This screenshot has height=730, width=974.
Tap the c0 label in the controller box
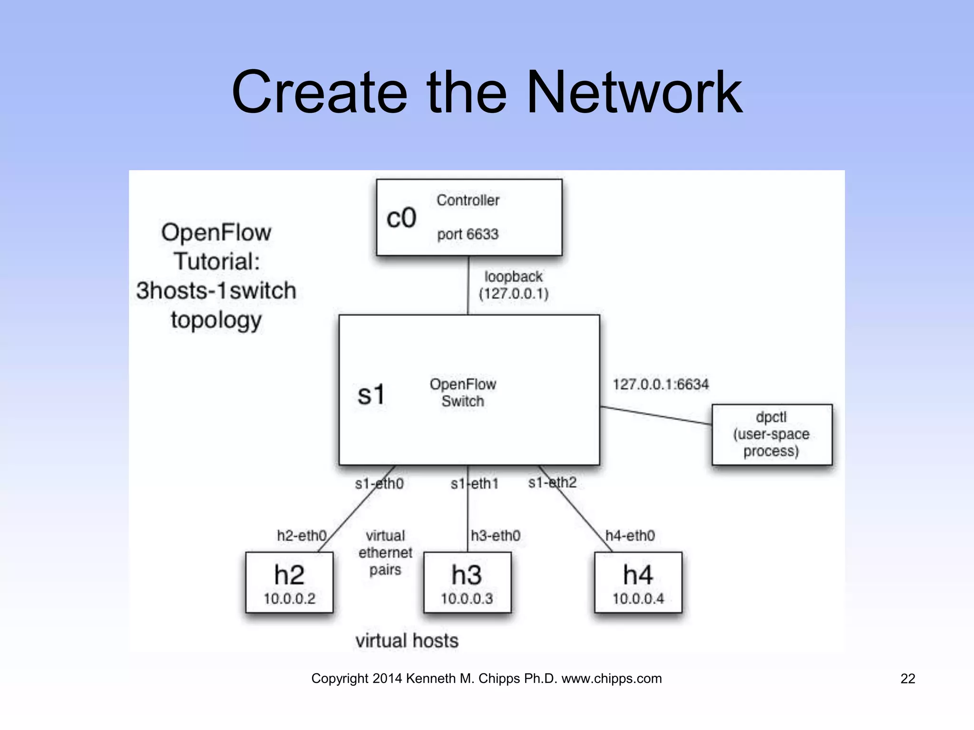pos(401,218)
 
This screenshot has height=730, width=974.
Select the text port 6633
pos(468,234)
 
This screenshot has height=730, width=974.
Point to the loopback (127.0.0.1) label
pos(513,285)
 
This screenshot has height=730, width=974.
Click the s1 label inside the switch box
pos(370,394)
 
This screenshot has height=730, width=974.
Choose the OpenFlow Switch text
pos(463,393)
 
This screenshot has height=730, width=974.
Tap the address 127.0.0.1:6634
pos(660,384)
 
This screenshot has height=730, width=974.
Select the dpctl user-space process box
pos(771,434)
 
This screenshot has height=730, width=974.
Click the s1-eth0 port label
pos(379,484)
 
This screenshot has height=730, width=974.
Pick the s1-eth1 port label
pos(474,484)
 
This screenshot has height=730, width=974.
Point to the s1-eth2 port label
pos(552,482)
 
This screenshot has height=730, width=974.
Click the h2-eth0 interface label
pos(302,536)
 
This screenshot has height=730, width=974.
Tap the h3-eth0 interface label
pos(496,536)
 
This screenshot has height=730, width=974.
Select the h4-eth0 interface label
pos(630,536)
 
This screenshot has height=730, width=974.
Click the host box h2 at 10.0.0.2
pos(289,582)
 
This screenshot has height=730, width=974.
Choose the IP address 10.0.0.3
pos(467,599)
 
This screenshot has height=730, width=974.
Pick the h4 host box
pos(638,582)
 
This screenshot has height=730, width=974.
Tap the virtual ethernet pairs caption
pos(385,553)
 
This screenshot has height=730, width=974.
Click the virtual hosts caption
pos(407,641)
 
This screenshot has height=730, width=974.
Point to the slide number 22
pos(907,679)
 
